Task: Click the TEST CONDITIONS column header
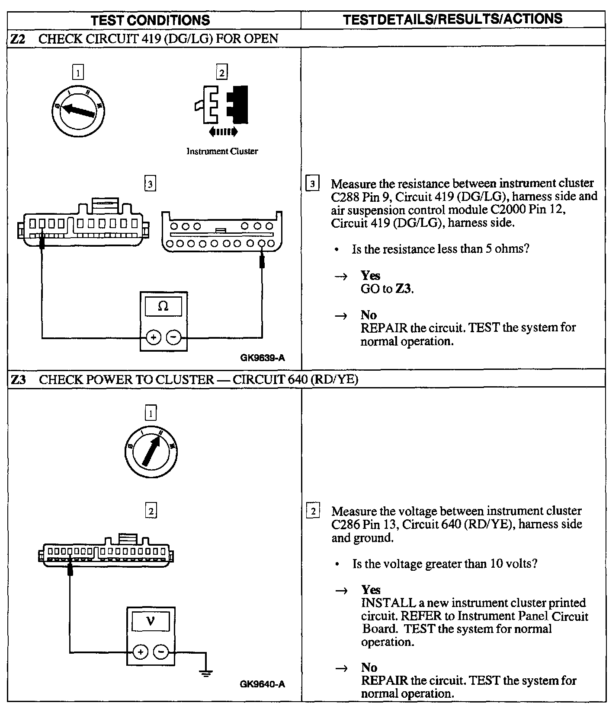[x=151, y=20]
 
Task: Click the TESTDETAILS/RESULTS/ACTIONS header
[x=452, y=19]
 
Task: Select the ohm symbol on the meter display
[x=163, y=306]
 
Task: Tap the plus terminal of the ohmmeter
[x=153, y=337]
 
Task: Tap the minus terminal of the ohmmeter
[x=174, y=337]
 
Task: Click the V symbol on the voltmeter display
[x=150, y=621]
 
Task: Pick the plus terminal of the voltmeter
[x=140, y=652]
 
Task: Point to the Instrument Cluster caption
[x=222, y=151]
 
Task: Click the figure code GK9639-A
[x=263, y=358]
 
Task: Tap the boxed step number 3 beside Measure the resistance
[x=312, y=184]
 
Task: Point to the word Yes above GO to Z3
[x=370, y=276]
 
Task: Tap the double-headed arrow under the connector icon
[x=223, y=131]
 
